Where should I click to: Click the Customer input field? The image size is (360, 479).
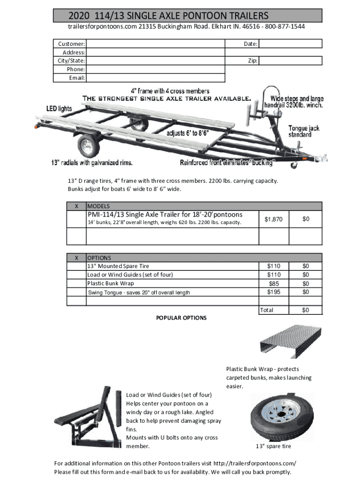tap(155, 44)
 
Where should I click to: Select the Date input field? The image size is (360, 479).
tap(290, 44)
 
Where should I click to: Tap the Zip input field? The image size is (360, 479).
tap(290, 61)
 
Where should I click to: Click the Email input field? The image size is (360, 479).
tap(155, 78)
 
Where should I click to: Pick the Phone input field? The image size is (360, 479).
tap(155, 69)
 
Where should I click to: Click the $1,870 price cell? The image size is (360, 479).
tap(273, 219)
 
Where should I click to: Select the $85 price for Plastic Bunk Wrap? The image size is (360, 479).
tap(273, 283)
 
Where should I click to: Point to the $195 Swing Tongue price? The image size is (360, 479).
tap(273, 292)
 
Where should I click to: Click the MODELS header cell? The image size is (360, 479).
tap(99, 206)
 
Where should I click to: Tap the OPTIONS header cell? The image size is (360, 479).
tap(99, 258)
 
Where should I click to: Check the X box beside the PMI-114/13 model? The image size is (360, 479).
tap(76, 219)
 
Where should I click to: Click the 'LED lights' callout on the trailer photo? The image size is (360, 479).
tap(59, 109)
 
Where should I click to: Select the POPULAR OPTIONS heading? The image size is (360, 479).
tap(181, 318)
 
